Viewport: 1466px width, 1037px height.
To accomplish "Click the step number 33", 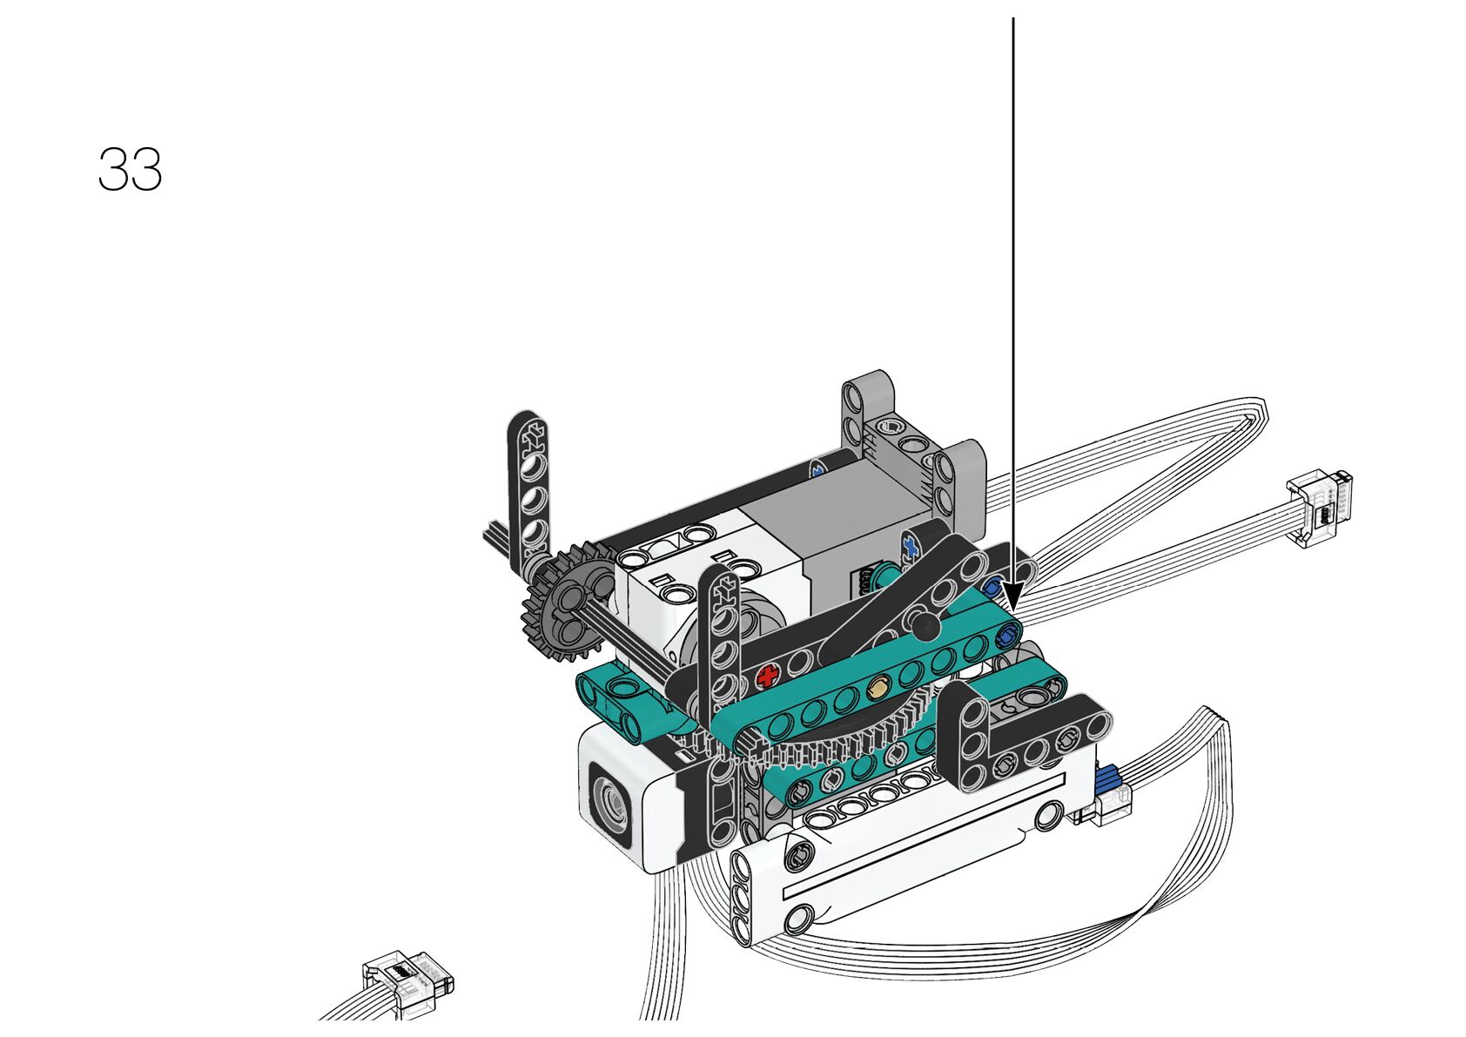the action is click(x=131, y=170).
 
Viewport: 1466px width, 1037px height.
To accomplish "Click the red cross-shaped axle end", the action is click(x=768, y=676).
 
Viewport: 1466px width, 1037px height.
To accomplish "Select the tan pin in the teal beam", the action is click(x=879, y=686).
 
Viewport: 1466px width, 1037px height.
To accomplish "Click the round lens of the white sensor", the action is click(x=611, y=804).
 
